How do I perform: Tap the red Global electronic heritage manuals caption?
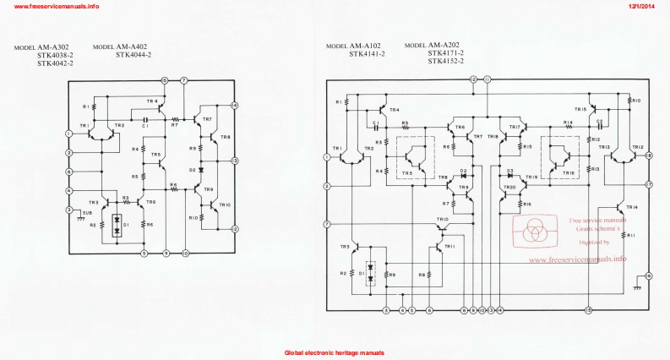tap(335, 352)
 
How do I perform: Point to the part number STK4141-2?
tap(368, 54)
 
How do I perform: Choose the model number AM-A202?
tap(444, 45)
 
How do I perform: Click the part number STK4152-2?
tap(445, 61)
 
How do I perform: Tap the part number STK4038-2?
tap(55, 56)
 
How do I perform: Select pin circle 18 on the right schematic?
tap(648, 156)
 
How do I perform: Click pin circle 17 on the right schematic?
tap(648, 183)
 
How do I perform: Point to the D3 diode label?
tap(509, 171)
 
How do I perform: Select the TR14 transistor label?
tap(632, 206)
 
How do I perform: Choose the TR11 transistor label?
tap(449, 246)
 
